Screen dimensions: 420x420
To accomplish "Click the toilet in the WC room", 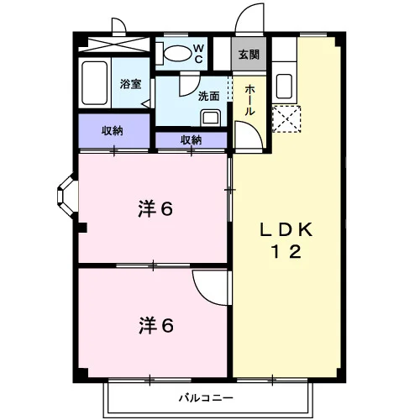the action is click(x=174, y=53).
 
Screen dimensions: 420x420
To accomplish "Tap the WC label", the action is click(x=198, y=54).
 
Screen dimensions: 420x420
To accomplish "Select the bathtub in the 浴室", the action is click(x=95, y=83).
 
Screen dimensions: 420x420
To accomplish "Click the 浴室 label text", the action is click(x=130, y=84).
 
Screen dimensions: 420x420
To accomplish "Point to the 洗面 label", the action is click(x=208, y=96).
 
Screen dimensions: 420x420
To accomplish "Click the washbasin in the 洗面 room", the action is click(x=210, y=118).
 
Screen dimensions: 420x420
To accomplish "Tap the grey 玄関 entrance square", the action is click(x=249, y=54).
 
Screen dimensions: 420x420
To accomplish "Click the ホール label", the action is click(x=249, y=100).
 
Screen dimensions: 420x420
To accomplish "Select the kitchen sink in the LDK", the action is click(x=284, y=86).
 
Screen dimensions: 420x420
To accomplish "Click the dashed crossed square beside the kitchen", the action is click(x=286, y=118).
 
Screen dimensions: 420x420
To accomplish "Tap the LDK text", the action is click(x=286, y=230).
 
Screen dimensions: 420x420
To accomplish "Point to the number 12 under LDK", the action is click(x=286, y=251).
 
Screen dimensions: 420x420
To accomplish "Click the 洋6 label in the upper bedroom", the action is click(x=155, y=208).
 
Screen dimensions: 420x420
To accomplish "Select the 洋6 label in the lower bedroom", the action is click(x=156, y=325).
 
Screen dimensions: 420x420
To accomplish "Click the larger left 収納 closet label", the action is click(x=113, y=131).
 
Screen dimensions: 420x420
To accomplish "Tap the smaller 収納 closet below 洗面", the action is click(x=192, y=139).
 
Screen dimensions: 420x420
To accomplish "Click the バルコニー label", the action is click(x=206, y=397).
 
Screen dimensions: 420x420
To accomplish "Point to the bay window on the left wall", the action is click(x=66, y=195).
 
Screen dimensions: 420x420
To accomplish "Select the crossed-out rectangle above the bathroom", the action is click(x=114, y=45).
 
